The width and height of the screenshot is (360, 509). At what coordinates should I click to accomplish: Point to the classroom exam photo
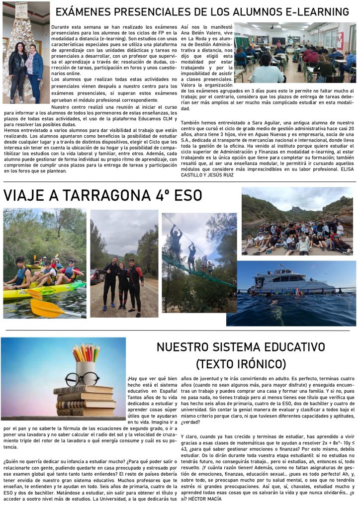tap(295, 52)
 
